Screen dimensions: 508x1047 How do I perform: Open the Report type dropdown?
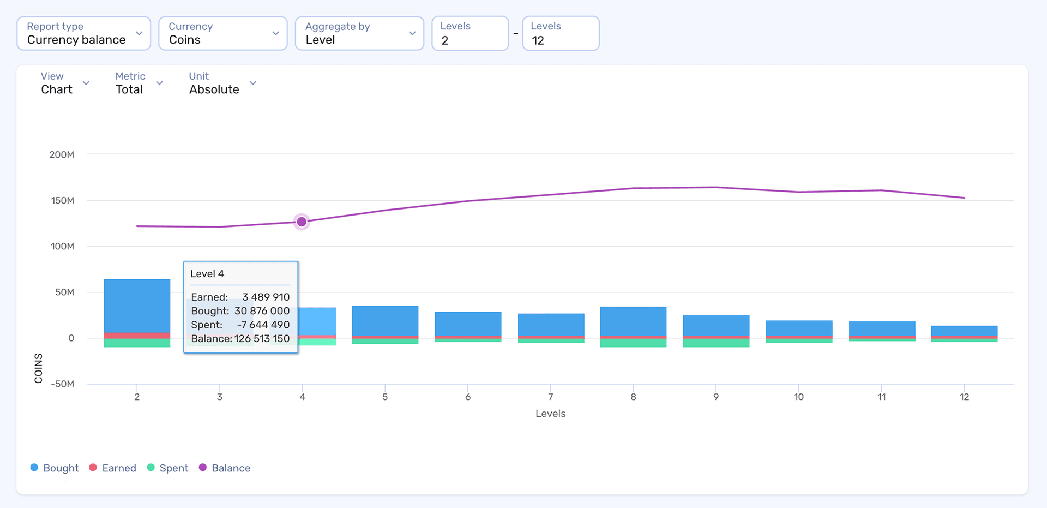(83, 33)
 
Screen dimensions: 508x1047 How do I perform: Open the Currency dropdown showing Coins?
(222, 33)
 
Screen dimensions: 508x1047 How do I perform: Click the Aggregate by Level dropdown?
(359, 33)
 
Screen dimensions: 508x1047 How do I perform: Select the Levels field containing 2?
(470, 34)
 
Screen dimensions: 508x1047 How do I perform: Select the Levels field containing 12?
(560, 34)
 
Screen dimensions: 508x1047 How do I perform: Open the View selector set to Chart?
(64, 83)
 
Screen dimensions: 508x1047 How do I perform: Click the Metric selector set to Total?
(139, 83)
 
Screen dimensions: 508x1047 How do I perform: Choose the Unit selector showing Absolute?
(222, 83)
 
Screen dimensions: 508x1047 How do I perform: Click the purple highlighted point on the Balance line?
(302, 222)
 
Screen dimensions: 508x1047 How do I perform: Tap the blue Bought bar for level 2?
(137, 306)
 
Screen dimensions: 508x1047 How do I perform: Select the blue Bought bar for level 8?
(633, 321)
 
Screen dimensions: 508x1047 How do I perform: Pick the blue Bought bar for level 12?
(964, 331)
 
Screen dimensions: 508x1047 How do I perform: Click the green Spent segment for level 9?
(716, 343)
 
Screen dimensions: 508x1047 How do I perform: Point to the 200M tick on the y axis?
(62, 154)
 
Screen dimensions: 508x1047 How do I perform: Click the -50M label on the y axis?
(62, 384)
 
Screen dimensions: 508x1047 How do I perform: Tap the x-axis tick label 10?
(798, 397)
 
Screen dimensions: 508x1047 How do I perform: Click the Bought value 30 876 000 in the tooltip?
(262, 310)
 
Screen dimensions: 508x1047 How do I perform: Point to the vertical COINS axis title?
(38, 368)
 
